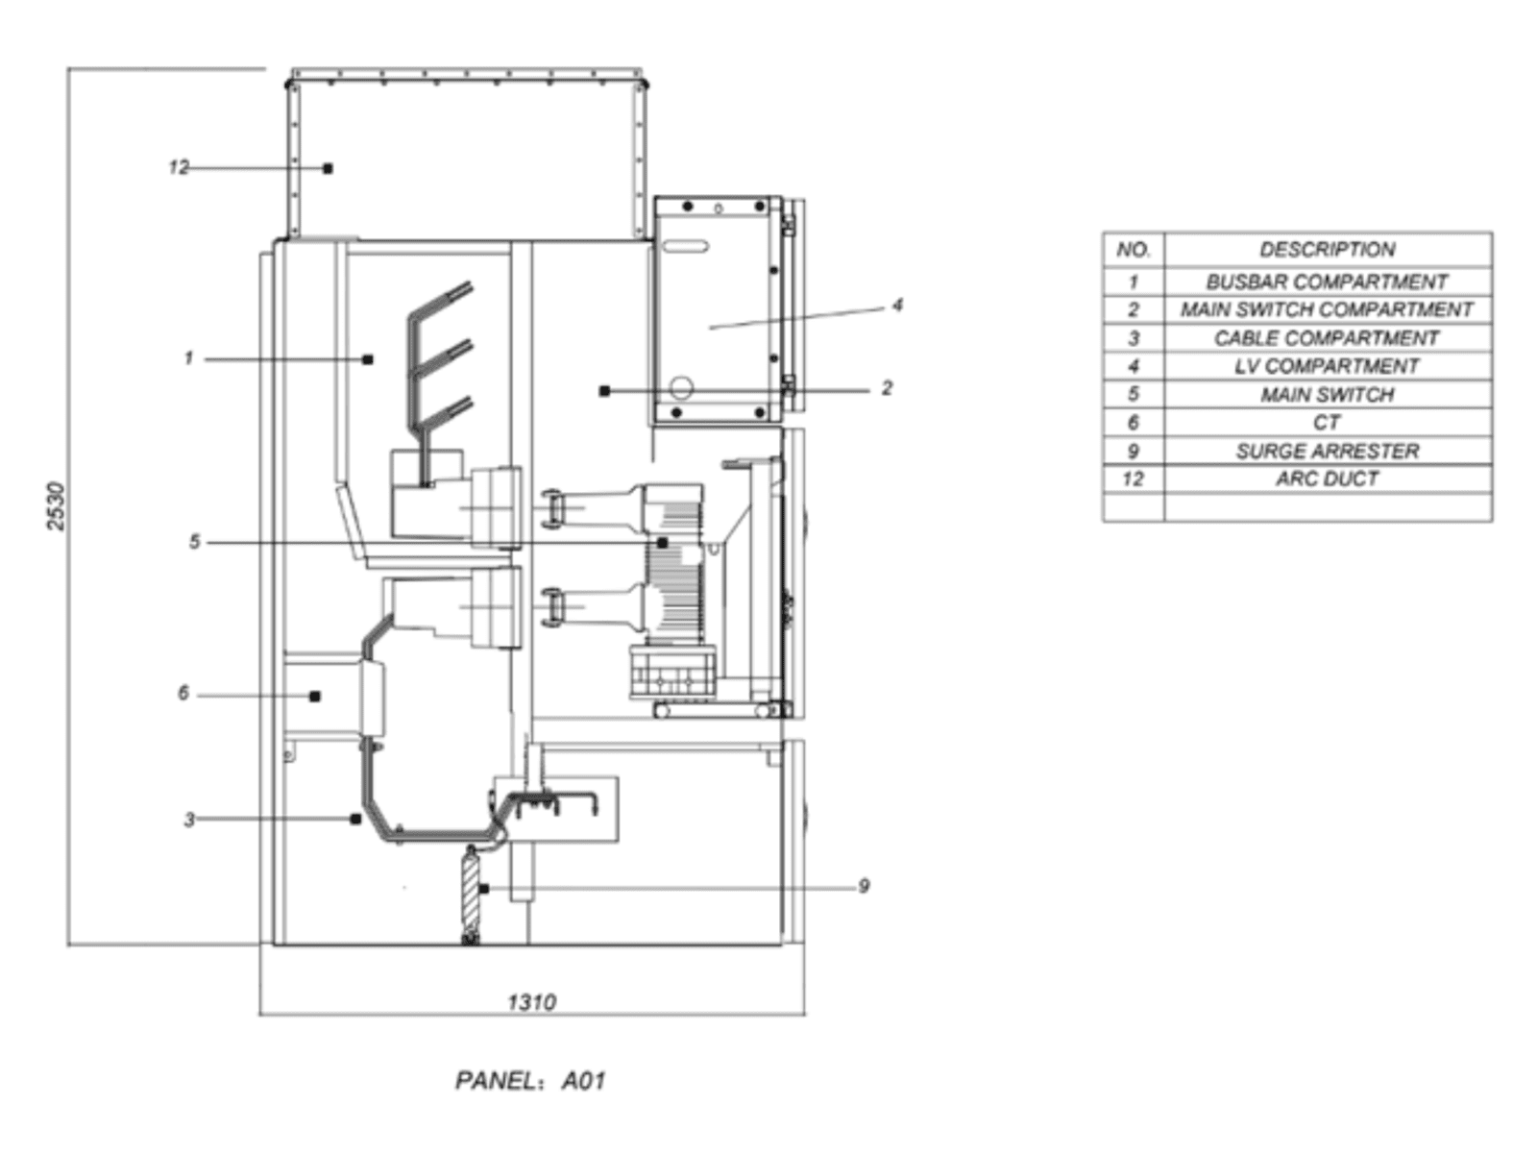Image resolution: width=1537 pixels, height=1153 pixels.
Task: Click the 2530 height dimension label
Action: click(56, 505)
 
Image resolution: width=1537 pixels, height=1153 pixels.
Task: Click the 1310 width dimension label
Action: click(531, 1002)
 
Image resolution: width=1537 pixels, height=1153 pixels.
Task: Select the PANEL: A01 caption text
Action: click(530, 1080)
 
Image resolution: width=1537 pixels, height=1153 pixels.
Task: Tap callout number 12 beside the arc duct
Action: click(179, 167)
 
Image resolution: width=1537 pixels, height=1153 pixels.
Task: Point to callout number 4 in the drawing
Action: click(897, 306)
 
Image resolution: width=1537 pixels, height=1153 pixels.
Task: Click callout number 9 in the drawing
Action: click(864, 886)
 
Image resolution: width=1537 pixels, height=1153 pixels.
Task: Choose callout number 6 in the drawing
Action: click(183, 693)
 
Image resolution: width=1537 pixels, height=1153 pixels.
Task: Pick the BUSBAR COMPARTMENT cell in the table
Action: click(1327, 282)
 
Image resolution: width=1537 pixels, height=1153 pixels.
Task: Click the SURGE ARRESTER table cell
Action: click(1327, 451)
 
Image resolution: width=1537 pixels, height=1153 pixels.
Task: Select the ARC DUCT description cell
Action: click(1327, 478)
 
